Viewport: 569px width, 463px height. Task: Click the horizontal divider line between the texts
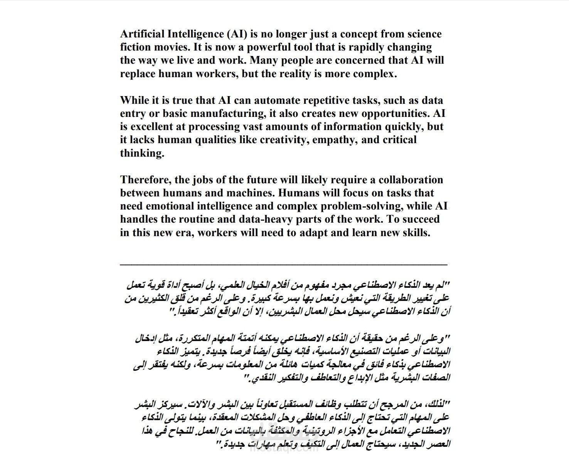(284, 264)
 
